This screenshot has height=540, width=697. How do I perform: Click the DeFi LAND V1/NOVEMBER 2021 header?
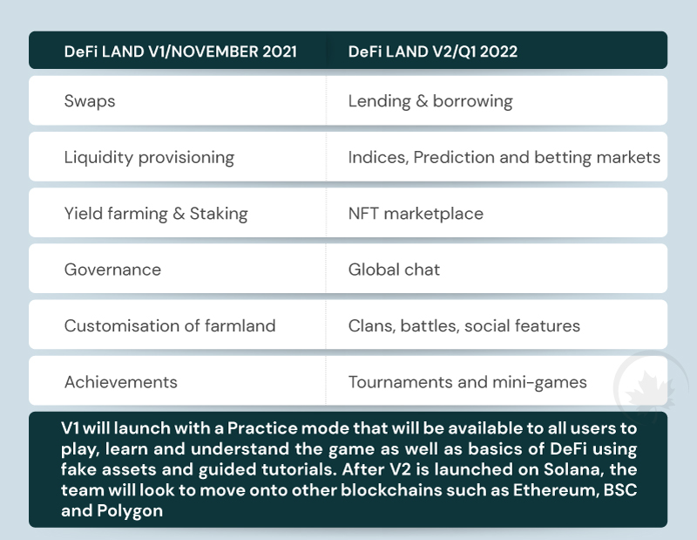[x=180, y=51]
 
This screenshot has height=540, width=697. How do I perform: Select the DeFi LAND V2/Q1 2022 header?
[x=432, y=51]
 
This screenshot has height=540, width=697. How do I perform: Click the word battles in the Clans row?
[x=430, y=326]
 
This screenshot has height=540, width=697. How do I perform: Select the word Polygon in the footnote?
[x=129, y=511]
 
